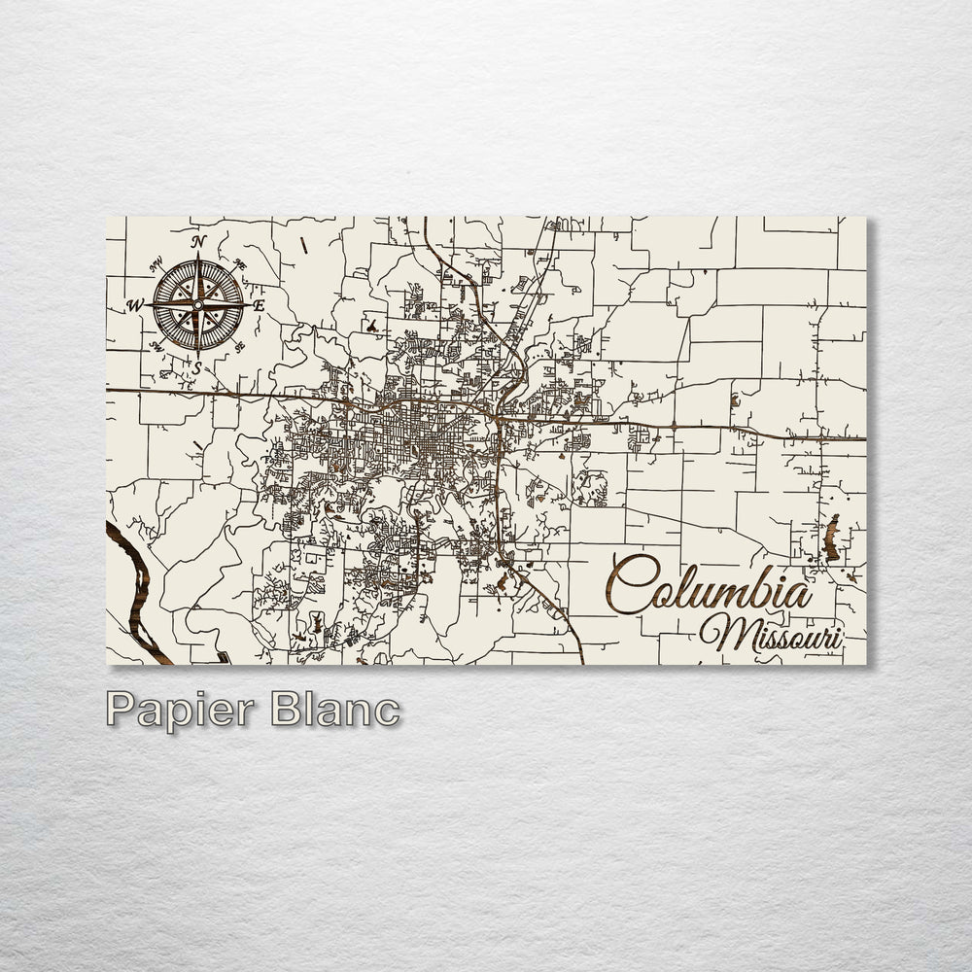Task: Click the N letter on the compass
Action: point(198,242)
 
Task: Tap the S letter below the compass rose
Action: point(196,367)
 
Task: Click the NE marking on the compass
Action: point(239,263)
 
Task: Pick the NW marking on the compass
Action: point(156,263)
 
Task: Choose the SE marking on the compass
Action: point(239,346)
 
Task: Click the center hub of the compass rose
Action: point(197,304)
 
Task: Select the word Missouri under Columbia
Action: point(771,634)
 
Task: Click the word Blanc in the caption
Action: point(335,709)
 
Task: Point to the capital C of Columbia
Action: point(629,584)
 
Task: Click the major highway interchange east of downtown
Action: point(497,418)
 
